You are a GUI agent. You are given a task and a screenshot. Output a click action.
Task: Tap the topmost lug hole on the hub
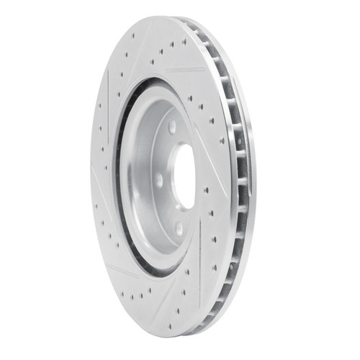[173, 127]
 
